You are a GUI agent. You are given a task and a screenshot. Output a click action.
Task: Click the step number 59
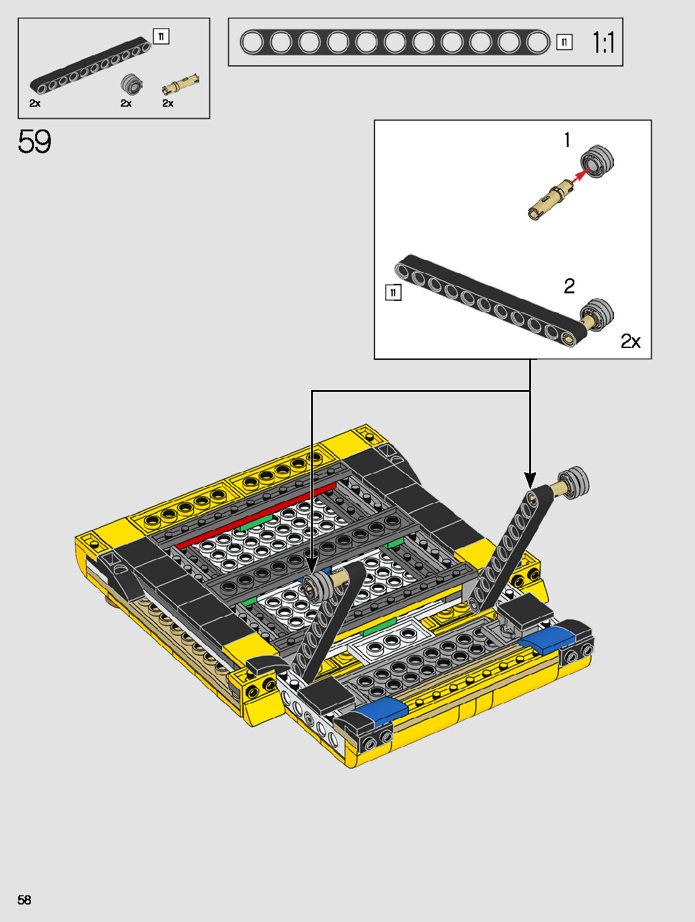(35, 141)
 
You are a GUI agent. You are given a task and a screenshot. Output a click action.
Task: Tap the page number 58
(25, 899)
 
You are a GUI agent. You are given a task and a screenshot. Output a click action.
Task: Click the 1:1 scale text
(603, 43)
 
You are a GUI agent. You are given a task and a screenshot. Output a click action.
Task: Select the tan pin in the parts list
(181, 84)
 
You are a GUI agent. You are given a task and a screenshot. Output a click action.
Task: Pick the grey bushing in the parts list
(131, 84)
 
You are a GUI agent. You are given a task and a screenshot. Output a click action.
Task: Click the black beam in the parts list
(90, 65)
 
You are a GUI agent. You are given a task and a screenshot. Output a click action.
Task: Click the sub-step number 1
(567, 140)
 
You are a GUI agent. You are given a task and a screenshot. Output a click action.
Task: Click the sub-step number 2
(569, 286)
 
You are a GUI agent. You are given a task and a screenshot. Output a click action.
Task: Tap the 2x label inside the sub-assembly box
(630, 341)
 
